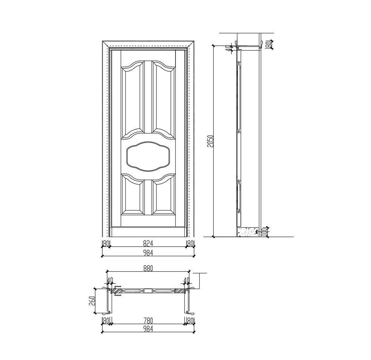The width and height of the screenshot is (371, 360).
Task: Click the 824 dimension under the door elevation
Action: click(x=148, y=244)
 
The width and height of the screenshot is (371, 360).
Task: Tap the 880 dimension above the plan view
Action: click(x=148, y=268)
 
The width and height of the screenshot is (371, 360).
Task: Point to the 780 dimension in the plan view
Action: click(x=148, y=320)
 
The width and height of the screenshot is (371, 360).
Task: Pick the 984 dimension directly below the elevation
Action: click(x=148, y=253)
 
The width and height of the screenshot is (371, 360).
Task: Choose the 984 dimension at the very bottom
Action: click(x=148, y=329)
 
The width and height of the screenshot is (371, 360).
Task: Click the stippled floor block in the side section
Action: click(x=247, y=232)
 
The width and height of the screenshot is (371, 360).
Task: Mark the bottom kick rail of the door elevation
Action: click(x=148, y=232)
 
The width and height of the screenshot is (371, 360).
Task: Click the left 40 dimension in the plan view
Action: click(x=110, y=280)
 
